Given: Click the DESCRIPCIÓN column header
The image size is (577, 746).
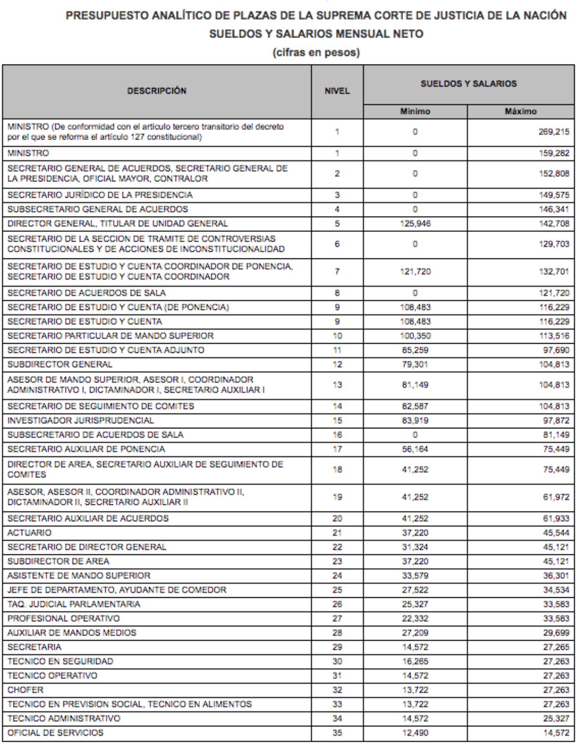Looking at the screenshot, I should [157, 91].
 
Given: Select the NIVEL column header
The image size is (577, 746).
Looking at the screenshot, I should [337, 91].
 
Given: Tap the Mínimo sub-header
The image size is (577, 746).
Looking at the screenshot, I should [415, 112].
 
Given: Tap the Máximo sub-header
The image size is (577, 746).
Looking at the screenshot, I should [520, 112].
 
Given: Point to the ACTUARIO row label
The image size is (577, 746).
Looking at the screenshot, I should [29, 533].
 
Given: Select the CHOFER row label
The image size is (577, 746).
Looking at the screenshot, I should [25, 690].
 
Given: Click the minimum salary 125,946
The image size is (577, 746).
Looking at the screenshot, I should [415, 223].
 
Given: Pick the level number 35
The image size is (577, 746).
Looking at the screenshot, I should [337, 733].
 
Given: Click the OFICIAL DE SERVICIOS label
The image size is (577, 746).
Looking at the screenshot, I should [55, 733].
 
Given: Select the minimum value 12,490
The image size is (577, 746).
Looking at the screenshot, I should [415, 733].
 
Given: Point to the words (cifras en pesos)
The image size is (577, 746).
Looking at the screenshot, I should [316, 52].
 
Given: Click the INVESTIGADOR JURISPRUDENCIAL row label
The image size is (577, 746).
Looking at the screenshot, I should [81, 421].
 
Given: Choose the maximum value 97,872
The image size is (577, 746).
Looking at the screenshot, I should [556, 421].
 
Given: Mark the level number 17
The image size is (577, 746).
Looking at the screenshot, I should [337, 449].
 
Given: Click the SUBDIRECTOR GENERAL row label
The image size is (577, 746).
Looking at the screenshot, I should [60, 364].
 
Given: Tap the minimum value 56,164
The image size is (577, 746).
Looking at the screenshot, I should [415, 449].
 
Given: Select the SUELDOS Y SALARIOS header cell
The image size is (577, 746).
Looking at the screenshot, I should [468, 84].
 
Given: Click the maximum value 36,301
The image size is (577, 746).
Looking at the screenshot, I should [556, 576].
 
